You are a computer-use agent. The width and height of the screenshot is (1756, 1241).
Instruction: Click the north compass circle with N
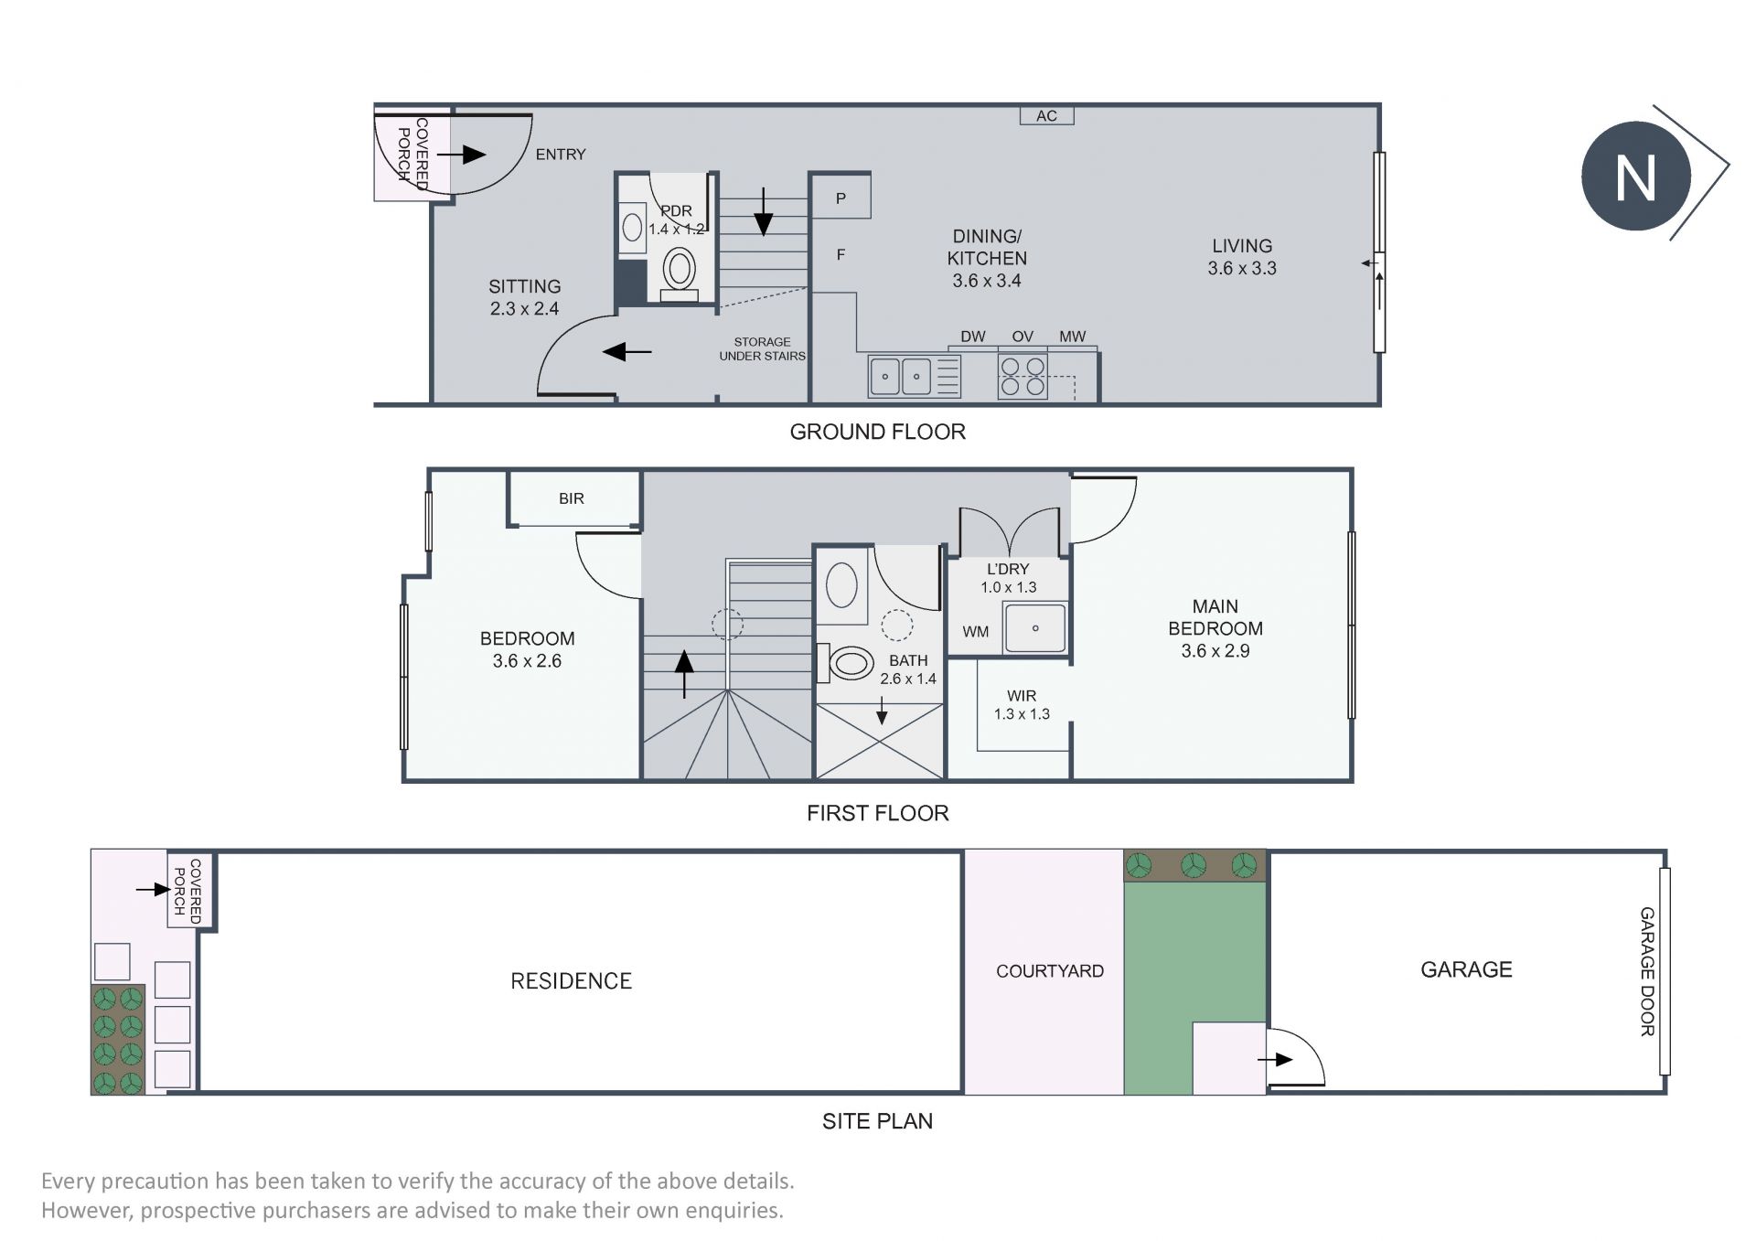pyautogui.click(x=1635, y=176)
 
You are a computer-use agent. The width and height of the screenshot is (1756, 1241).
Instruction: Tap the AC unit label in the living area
pyautogui.click(x=1046, y=116)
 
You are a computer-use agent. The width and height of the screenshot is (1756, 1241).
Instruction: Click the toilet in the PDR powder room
pyautogui.click(x=679, y=273)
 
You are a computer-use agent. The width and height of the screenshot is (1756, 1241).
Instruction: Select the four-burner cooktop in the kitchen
pyautogui.click(x=1023, y=376)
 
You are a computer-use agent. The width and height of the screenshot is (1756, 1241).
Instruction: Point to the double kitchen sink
pyautogui.click(x=901, y=376)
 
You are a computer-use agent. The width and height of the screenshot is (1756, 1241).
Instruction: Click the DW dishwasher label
pyautogui.click(x=973, y=337)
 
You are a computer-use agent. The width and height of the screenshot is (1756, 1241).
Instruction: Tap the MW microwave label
pyautogui.click(x=1072, y=337)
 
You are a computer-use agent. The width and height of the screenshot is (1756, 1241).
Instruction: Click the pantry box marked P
pyautogui.click(x=841, y=196)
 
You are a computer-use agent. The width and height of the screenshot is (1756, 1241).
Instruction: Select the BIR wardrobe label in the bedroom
pyautogui.click(x=572, y=498)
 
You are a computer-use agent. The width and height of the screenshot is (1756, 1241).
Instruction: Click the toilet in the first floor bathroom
pyautogui.click(x=848, y=663)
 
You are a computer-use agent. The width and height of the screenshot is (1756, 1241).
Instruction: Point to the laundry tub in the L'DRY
pyautogui.click(x=1035, y=627)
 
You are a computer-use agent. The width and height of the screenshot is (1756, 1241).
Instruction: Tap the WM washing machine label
pyautogui.click(x=976, y=631)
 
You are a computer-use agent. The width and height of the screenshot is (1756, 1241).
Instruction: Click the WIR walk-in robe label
pyautogui.click(x=1022, y=696)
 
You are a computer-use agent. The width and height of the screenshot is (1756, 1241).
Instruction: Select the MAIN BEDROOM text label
pyautogui.click(x=1215, y=617)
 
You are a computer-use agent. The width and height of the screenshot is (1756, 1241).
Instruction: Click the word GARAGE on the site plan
pyautogui.click(x=1466, y=969)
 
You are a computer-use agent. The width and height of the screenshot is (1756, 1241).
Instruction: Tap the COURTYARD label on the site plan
pyautogui.click(x=1050, y=971)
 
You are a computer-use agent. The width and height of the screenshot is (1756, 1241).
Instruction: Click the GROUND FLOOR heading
pyautogui.click(x=878, y=432)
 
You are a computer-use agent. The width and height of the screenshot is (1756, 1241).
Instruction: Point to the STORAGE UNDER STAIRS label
pyautogui.click(x=763, y=348)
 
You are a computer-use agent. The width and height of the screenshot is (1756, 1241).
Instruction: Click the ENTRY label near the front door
pyautogui.click(x=561, y=155)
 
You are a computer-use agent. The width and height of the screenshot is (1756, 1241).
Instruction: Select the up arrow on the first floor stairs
pyautogui.click(x=684, y=673)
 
